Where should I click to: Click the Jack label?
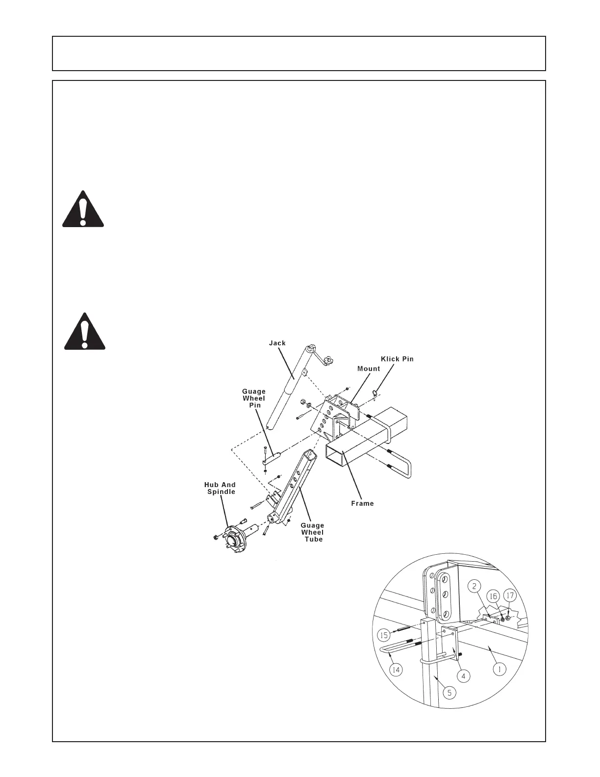point(277,343)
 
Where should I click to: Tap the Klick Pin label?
point(397,359)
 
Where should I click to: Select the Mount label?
point(369,368)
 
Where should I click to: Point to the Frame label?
point(363,503)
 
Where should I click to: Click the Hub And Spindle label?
point(220,488)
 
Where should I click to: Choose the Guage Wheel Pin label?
point(254,398)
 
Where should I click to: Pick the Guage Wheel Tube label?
point(313,532)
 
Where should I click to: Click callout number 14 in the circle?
point(397,669)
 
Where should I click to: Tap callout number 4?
point(463,676)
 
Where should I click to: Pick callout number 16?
point(493,596)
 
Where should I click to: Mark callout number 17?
point(510,596)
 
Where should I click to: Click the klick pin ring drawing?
point(375,392)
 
